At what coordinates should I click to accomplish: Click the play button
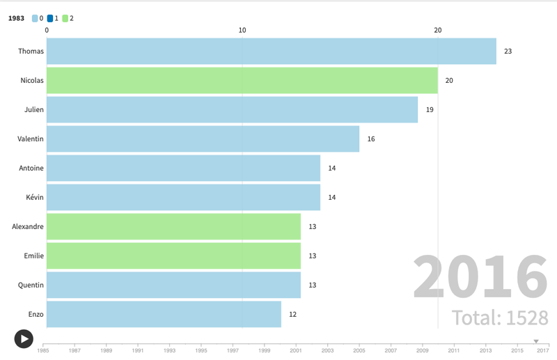[x=24, y=338]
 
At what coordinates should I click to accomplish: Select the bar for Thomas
[x=272, y=52]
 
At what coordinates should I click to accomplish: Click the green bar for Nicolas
[x=242, y=81]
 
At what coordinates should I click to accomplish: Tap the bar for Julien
[x=232, y=110]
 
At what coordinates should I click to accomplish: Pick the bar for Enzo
[x=164, y=314]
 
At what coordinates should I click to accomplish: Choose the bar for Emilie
[x=173, y=256]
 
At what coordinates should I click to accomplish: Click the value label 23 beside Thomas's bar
[x=508, y=52]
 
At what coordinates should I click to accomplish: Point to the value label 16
[x=371, y=139]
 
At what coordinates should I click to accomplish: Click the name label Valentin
[x=31, y=139]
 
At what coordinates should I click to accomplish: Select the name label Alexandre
[x=28, y=226]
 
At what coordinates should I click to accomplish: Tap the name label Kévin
[x=35, y=197]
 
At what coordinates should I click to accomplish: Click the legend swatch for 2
[x=65, y=19]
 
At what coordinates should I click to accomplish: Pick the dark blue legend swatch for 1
[x=50, y=19]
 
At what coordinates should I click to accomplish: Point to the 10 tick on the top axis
[x=242, y=30]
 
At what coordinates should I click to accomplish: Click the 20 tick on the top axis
[x=438, y=30]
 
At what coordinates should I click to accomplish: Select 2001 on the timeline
[x=296, y=350]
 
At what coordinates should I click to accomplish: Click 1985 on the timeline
[x=43, y=350]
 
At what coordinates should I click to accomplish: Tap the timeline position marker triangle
[x=536, y=341]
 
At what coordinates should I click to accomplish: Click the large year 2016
[x=480, y=277]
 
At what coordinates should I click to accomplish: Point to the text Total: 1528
[x=500, y=318]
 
